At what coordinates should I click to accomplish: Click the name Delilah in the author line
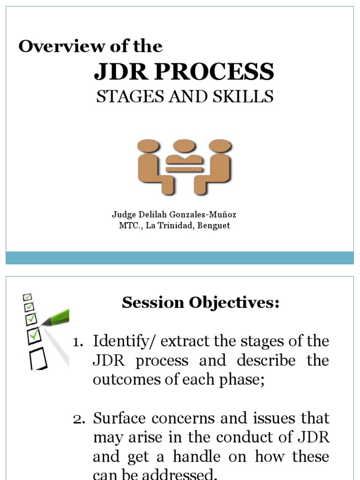click(149, 215)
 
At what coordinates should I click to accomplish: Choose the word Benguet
click(215, 226)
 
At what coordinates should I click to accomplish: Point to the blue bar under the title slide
click(180, 258)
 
